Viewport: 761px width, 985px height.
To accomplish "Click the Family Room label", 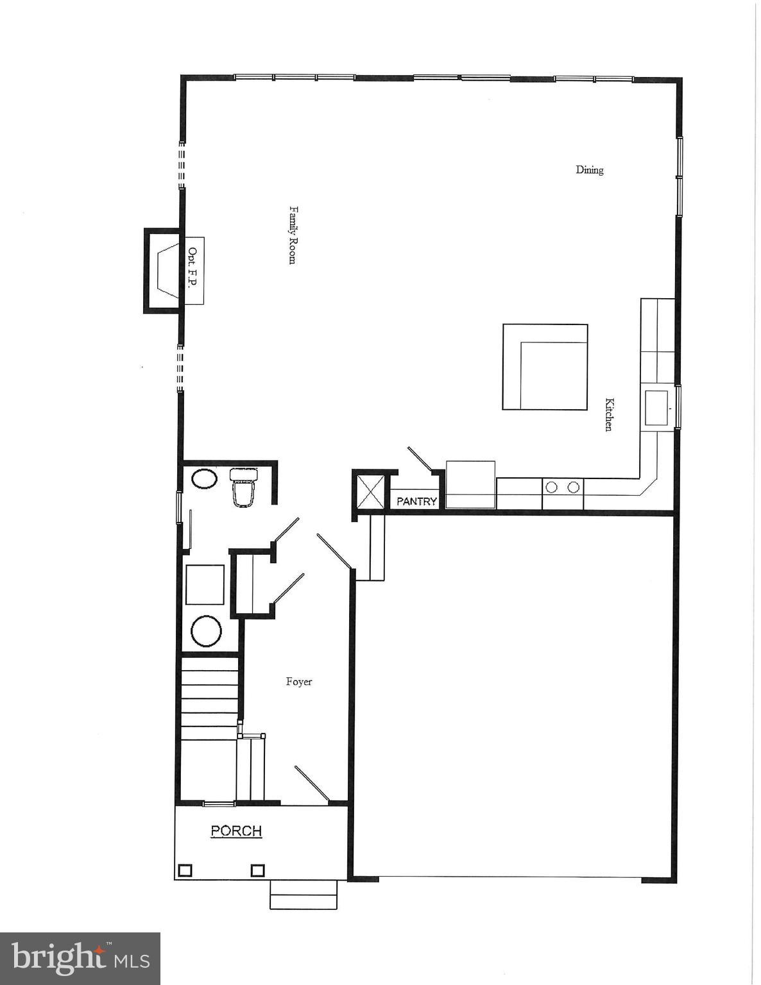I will [x=292, y=235].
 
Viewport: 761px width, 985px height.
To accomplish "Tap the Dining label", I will [x=589, y=170].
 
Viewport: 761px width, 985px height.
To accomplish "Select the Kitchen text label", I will [x=610, y=414].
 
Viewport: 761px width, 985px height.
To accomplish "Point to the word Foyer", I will [x=299, y=682].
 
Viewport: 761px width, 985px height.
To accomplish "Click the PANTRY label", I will [x=416, y=501].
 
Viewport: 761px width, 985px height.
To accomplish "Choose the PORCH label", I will [x=236, y=831].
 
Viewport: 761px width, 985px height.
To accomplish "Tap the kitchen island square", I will [x=545, y=367].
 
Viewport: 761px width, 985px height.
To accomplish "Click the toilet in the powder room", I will [x=244, y=487].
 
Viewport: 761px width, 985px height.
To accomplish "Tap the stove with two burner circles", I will [x=562, y=487].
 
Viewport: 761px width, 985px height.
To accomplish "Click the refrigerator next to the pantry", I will [x=470, y=484].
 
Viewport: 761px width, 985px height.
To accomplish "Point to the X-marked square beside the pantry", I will [x=370, y=491].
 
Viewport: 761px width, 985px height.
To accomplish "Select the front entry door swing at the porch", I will [x=312, y=784].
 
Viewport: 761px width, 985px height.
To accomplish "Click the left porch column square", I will [x=185, y=870].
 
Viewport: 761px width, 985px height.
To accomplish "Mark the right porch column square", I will [x=257, y=870].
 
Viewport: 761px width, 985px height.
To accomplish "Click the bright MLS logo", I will [x=80, y=959].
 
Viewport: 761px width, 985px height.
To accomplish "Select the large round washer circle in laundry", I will [x=206, y=631].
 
